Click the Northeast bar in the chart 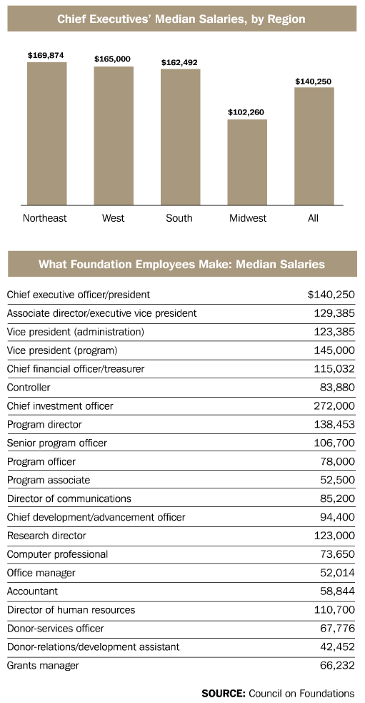tap(46, 133)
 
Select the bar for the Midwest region tap(246, 162)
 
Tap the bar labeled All tap(314, 146)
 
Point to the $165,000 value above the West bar tap(113, 59)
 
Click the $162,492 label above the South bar tap(179, 62)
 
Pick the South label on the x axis tap(179, 218)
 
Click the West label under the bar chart tap(113, 218)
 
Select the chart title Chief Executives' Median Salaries tap(181, 19)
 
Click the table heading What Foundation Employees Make tap(181, 265)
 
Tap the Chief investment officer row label tap(60, 405)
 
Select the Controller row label tap(28, 387)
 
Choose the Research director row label tap(46, 536)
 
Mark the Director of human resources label tap(71, 610)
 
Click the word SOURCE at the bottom tap(223, 693)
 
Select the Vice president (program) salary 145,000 tap(334, 350)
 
